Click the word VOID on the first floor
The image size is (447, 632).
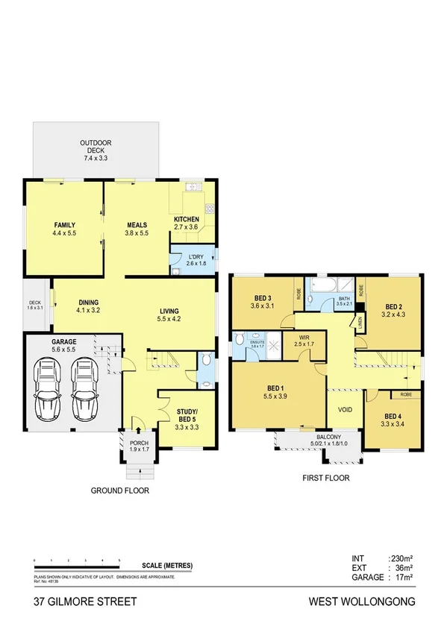[345, 409]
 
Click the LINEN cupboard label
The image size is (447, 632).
[360, 322]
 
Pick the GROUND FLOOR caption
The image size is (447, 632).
[120, 491]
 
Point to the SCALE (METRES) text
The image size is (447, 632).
[166, 566]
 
